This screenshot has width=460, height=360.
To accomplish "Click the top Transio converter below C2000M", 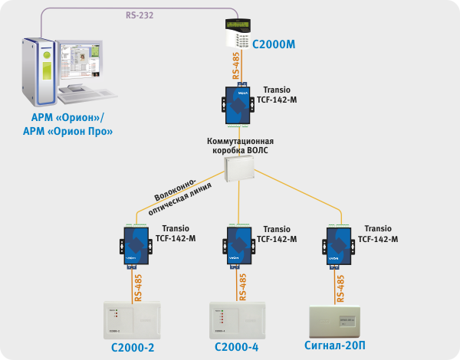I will [241, 104].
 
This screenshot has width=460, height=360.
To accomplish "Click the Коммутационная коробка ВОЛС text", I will [240, 146].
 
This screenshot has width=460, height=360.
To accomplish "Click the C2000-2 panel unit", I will [133, 318].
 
